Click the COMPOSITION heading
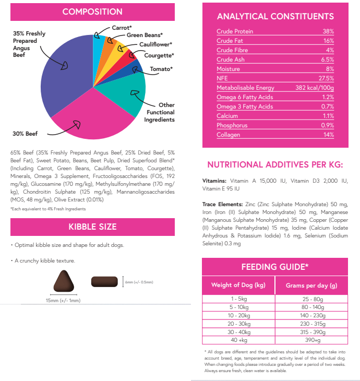tap(92, 11)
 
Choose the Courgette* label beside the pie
tap(159, 55)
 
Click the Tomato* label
tap(161, 69)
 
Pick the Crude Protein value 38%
tap(328, 31)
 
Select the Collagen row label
tap(228, 135)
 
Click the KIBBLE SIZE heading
tap(92, 227)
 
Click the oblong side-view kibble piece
tap(105, 282)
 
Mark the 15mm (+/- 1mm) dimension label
tap(63, 300)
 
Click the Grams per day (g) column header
tap(311, 285)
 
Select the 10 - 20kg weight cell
tap(238, 316)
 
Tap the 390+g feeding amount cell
tap(311, 340)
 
